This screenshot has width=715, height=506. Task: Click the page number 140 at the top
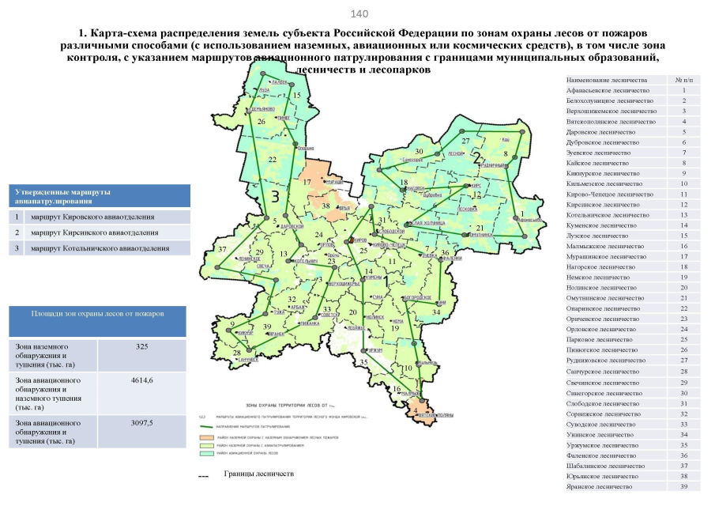click(x=359, y=13)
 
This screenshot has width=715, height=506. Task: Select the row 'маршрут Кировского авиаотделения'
click(x=99, y=217)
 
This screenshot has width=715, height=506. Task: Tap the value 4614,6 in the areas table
click(x=141, y=381)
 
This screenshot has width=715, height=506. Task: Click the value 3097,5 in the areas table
click(x=141, y=424)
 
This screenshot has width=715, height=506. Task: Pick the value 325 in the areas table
click(x=141, y=347)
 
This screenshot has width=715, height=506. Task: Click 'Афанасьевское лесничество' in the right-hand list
click(x=609, y=91)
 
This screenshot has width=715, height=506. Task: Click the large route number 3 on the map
click(x=274, y=194)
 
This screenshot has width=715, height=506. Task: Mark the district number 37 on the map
click(x=223, y=250)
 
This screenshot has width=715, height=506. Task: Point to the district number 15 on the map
click(x=297, y=96)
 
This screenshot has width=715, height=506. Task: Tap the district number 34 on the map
click(x=436, y=313)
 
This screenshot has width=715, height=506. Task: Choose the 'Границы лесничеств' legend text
click(x=258, y=474)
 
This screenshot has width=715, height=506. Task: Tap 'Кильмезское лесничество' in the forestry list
click(x=608, y=183)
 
